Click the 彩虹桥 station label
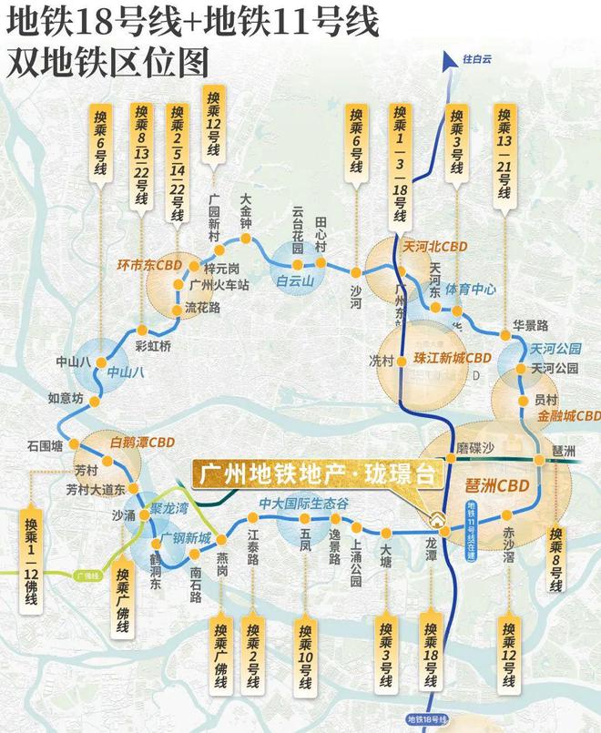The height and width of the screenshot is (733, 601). [x=152, y=346]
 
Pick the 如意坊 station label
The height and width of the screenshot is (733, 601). [x=66, y=399]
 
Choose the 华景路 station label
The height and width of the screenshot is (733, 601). [x=529, y=324]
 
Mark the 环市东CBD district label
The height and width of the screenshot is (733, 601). [x=150, y=266]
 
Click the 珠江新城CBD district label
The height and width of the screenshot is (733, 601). [x=452, y=357]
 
